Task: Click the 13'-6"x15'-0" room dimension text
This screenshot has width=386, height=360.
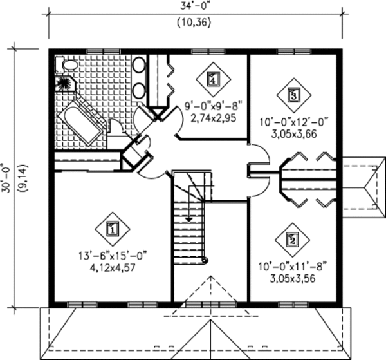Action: [x=111, y=256]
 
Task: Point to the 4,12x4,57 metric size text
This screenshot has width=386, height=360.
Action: [x=111, y=267]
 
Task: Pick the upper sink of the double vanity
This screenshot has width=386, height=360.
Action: [x=139, y=66]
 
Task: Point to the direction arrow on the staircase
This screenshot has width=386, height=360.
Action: [x=189, y=219]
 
